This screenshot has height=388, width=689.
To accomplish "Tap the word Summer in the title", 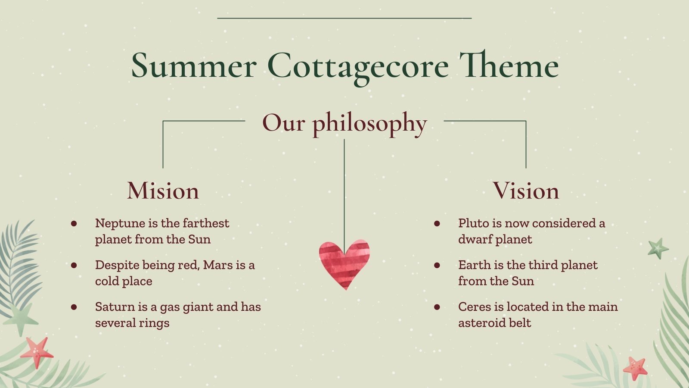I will (x=194, y=66).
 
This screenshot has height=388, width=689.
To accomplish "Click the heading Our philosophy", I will (x=344, y=123).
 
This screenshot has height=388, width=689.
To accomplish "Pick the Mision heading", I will (x=163, y=191).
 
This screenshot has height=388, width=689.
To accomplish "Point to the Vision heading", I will (x=526, y=191).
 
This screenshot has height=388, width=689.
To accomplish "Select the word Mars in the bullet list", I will (x=218, y=265).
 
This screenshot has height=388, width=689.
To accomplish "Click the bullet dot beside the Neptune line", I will (x=74, y=223).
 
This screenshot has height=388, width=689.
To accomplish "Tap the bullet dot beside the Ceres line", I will (x=437, y=307).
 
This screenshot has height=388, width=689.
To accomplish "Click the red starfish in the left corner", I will (x=37, y=352).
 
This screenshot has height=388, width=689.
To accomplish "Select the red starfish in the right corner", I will (x=635, y=368).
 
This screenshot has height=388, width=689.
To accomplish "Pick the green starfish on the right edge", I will (x=658, y=248).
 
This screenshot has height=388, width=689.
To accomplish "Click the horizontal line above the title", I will (x=344, y=18).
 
